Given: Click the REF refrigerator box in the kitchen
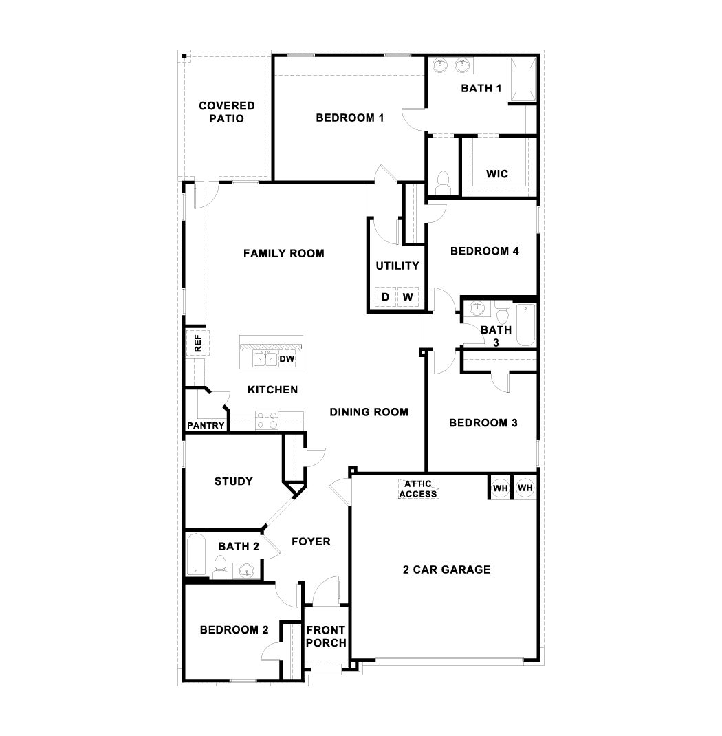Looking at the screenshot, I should (197, 343).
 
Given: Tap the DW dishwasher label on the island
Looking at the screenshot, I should (287, 359).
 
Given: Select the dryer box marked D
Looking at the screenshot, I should (385, 297).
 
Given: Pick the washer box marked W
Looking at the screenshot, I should (408, 297).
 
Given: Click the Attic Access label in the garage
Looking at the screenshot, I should (418, 489).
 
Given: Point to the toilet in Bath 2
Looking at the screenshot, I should (220, 567).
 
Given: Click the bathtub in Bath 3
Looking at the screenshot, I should (525, 324).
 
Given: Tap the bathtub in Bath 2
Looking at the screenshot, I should (196, 556).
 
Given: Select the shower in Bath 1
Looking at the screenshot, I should (522, 80).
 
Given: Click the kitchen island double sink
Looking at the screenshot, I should (265, 359).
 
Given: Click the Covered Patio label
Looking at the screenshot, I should (226, 112).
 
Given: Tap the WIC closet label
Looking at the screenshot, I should (496, 174).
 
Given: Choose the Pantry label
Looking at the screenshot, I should (206, 426).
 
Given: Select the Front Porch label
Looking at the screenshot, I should (325, 636).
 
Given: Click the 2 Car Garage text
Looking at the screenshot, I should (446, 570).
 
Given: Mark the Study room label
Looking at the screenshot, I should (233, 481).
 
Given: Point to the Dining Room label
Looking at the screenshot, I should (369, 413).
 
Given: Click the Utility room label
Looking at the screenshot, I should (397, 266).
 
